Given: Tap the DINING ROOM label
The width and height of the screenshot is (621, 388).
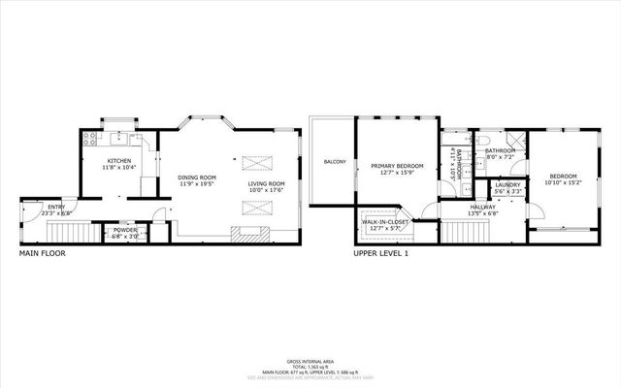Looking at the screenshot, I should pos(196,178).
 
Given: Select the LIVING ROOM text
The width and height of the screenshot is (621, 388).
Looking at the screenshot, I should pos(265,183).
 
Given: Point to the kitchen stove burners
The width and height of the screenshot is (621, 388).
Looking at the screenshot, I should pos(90,138).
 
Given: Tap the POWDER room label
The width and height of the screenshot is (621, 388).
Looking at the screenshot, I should pos(125,229).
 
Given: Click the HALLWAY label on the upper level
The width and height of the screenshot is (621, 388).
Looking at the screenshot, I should pos(482,207).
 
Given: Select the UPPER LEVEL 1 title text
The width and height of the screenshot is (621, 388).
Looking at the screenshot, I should pos(380,253).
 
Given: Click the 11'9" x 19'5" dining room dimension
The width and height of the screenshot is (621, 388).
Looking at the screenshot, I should pos(196,184).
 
